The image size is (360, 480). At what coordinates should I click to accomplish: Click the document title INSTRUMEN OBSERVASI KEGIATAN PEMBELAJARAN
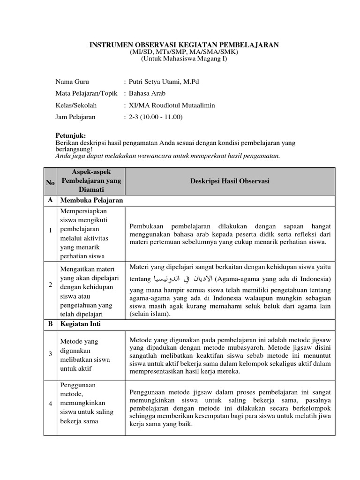184,45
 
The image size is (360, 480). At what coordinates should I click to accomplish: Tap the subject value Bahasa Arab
147,93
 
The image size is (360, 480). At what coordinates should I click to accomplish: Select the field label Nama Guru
72,82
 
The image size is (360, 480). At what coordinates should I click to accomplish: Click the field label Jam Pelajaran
75,117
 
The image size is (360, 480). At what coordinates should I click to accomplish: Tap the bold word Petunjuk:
70,135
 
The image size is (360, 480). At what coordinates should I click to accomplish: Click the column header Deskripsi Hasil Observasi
230,181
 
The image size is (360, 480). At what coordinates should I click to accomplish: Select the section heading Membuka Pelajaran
92,201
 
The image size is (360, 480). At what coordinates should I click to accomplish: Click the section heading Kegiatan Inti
81,324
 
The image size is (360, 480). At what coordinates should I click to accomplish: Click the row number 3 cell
50,354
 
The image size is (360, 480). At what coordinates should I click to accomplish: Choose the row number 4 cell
50,404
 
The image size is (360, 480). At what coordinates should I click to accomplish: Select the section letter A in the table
50,201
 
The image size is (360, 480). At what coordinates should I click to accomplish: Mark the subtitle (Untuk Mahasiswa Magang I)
184,58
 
